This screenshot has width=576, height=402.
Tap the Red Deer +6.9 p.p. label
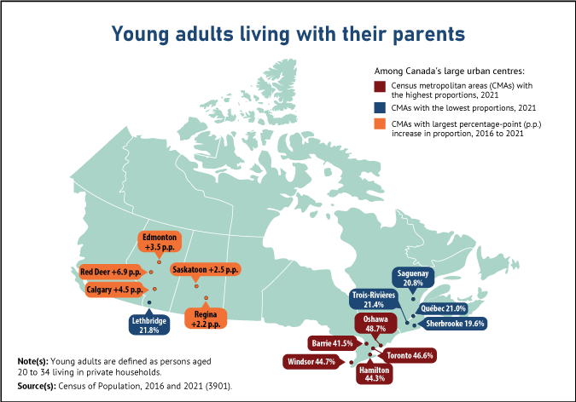point(110,272)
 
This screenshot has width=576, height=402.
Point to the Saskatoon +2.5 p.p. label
point(204,269)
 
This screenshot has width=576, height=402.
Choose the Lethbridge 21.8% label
point(148,324)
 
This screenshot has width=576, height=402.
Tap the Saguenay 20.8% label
point(413,277)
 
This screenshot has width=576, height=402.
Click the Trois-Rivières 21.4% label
point(374,299)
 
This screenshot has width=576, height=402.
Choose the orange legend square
point(380,124)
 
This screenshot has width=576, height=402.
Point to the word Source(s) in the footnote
point(37,386)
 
